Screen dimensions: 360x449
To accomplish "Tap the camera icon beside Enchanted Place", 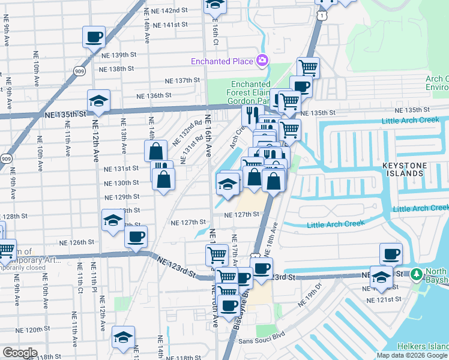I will [x=262, y=61].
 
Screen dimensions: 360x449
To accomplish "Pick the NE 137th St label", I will [x=182, y=80].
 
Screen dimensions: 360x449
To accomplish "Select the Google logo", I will [x=19, y=353].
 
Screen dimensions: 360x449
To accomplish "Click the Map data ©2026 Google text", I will [x=412, y=356].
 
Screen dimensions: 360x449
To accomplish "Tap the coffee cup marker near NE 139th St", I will [x=94, y=37].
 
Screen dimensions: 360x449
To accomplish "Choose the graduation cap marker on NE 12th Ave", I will [x=99, y=100].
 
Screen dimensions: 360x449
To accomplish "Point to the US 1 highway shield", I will [x=324, y=14].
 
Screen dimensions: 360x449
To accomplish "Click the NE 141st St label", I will [x=170, y=25].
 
